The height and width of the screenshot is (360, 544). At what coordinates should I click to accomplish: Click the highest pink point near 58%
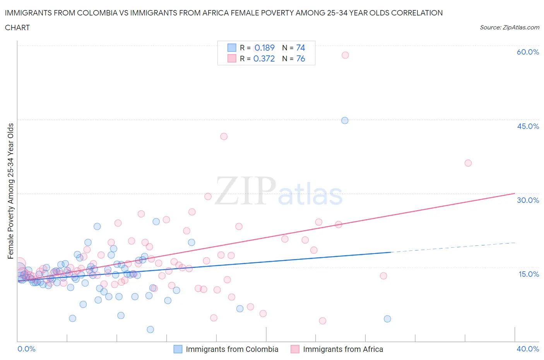(345, 55)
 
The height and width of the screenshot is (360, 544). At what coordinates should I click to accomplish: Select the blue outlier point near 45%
(345, 120)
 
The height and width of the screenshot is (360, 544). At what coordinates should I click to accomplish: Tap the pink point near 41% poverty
(224, 136)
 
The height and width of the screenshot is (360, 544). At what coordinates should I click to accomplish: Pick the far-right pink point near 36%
(468, 163)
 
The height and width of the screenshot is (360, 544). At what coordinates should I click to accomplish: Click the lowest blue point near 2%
(151, 329)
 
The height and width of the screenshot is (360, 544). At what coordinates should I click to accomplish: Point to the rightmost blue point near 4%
(387, 319)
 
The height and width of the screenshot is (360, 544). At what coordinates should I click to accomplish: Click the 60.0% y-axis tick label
(528, 52)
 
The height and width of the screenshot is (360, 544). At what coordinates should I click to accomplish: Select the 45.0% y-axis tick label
(528, 126)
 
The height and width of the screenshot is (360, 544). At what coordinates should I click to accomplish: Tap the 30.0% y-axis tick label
(528, 200)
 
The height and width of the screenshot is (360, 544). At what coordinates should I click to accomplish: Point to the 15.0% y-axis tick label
(528, 274)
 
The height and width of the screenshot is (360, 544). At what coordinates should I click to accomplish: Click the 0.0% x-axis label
(26, 349)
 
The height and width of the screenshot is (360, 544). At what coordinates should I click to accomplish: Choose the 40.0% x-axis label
(528, 349)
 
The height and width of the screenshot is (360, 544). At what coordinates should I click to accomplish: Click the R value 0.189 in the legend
(264, 48)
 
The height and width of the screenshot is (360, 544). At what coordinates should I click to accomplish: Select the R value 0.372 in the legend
(264, 58)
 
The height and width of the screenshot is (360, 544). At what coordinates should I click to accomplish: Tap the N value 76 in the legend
(301, 58)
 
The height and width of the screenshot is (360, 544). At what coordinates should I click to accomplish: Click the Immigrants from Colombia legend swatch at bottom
(178, 349)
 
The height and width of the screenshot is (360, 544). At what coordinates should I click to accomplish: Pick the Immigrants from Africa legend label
(343, 349)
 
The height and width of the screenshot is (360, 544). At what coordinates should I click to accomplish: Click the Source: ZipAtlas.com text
(509, 27)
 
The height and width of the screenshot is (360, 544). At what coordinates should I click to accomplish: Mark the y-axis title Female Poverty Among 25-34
(10, 191)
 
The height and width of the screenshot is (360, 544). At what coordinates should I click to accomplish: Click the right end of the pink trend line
(515, 193)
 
